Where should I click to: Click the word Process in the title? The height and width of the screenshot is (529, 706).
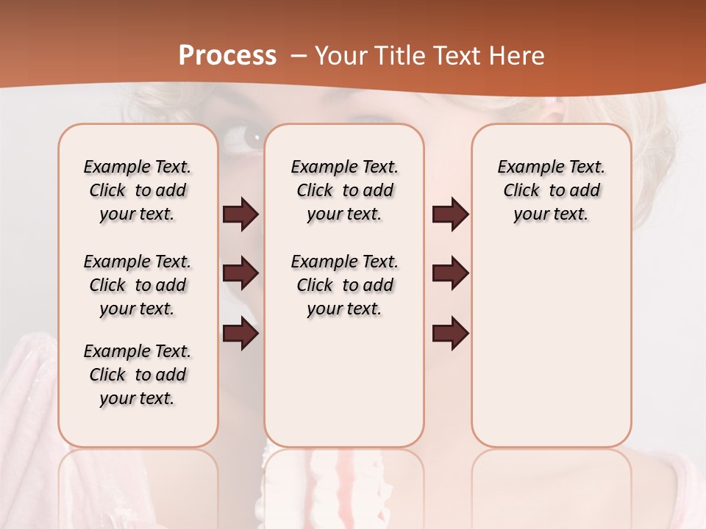pos(227,55)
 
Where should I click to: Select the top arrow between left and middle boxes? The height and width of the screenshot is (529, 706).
pos(240,215)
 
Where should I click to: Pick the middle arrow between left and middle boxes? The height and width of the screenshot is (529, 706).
pos(240,274)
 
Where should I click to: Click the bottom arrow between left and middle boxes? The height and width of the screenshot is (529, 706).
pos(240,334)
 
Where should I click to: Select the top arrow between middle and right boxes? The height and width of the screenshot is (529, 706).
pos(450,215)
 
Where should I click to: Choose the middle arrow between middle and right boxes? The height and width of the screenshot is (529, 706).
pos(450,274)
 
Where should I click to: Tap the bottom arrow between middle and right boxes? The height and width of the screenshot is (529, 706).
pos(450,334)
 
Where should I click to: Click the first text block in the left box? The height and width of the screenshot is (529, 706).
pos(138,190)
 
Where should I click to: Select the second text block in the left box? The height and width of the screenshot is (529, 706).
pos(138,285)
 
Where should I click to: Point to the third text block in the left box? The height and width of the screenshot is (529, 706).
pos(138,375)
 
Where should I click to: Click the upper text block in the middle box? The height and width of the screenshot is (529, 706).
pos(344,190)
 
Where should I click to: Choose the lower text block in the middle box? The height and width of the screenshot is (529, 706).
pos(344,285)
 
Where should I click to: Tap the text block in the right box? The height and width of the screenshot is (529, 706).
pos(551,190)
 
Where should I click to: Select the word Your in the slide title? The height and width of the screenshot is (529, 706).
pos(338,56)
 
